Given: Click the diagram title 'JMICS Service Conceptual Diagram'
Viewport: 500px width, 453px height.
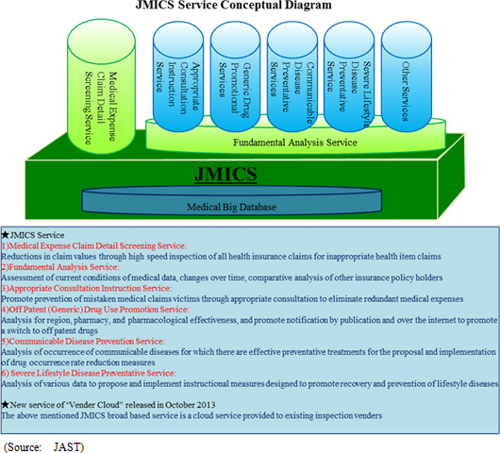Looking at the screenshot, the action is coord(233,5).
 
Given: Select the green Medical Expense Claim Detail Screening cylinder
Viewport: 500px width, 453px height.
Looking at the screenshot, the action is coord(101,87).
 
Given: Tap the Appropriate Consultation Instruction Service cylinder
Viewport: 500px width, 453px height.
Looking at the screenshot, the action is coord(178,76).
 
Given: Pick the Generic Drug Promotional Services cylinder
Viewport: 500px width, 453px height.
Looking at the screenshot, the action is coord(235,76).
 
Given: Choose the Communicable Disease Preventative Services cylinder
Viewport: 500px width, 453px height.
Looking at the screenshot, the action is coord(292,76).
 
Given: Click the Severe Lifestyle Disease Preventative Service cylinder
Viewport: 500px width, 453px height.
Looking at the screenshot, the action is coord(349,76).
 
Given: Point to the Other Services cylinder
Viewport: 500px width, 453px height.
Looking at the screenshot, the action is coord(407,76).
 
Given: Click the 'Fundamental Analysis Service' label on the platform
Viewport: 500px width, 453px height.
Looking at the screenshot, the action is coord(295,143).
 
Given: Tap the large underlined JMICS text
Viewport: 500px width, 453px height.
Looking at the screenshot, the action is coord(225,175).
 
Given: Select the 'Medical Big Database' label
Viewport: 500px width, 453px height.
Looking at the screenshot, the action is coord(231,207).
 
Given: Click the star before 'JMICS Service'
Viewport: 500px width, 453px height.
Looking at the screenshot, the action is coord(5,235).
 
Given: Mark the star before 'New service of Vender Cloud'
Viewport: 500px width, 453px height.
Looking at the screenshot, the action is coord(5,405).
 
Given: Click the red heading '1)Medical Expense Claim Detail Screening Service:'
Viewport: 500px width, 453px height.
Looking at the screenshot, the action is coord(94,246).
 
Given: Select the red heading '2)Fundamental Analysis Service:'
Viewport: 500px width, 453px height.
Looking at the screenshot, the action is coord(60,267).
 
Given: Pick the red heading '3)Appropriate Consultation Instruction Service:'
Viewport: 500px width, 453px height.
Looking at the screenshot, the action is coord(87,289).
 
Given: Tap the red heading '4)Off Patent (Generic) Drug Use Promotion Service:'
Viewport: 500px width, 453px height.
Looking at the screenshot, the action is coord(95,310).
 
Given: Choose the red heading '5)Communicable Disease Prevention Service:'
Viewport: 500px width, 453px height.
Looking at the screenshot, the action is coord(83,342).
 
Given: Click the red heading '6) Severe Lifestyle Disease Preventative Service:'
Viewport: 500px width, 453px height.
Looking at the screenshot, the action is coord(89,373).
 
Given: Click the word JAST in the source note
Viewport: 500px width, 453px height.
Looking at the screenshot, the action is coord(69,447).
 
